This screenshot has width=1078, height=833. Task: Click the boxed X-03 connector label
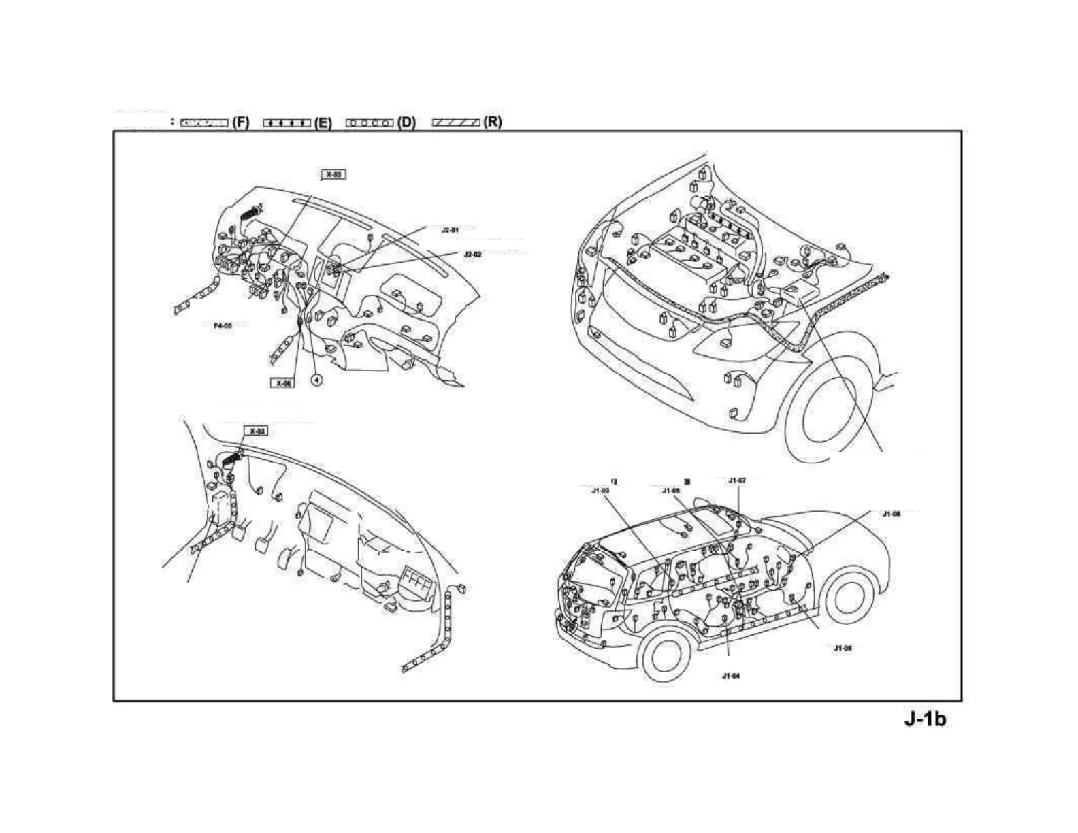coord(333,175)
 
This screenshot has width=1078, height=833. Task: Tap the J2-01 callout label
coord(450,230)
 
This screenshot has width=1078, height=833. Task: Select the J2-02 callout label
coord(472,254)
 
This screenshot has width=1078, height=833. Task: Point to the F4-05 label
coord(223,326)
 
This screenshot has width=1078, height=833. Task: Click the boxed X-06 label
coord(282,383)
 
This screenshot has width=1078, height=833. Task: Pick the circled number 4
coord(316,380)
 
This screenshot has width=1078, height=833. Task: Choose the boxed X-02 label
coord(256,431)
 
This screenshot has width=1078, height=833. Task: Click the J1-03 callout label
coord(600,490)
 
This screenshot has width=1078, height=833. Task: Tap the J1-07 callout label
coord(737,480)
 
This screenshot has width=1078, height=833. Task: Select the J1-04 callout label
coord(730,676)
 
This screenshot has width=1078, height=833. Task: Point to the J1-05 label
coord(671,490)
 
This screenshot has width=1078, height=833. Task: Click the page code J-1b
coord(925,719)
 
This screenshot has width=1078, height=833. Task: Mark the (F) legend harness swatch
coord(204,123)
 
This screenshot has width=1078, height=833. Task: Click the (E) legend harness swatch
coord(287,123)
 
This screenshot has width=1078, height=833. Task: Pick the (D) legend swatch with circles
coord(370,123)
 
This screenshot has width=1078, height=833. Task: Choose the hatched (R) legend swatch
coord(457,123)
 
